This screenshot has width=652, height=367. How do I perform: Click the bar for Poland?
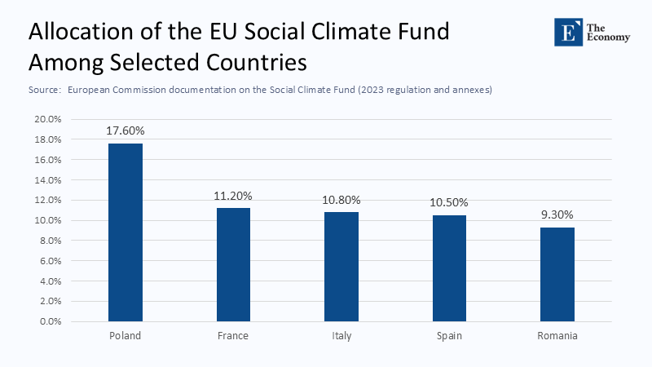coord(126,232)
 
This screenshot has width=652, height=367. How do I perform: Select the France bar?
coord(233,264)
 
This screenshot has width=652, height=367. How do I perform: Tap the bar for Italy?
coord(341,267)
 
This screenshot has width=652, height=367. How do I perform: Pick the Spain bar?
coord(448,268)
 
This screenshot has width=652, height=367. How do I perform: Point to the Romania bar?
coord(557,274)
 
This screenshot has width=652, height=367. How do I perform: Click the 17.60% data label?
coord(126,130)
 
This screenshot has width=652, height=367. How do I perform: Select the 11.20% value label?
coord(233,196)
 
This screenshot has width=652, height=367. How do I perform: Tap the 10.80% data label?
coord(341,200)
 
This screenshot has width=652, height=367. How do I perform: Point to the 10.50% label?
coord(448,202)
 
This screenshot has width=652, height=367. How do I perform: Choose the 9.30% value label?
coord(557,214)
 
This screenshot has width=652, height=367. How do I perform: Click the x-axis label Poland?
coord(126,336)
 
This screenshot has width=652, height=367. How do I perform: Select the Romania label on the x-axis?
coord(557,336)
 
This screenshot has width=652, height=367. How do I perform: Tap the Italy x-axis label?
coord(341,336)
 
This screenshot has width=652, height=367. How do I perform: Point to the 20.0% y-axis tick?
coord(48,119)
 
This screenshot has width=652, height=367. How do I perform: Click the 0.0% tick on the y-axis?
coord(51,321)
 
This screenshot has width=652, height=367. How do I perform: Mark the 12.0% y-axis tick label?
coord(48,200)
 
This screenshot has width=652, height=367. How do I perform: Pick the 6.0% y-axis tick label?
coord(51,261)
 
